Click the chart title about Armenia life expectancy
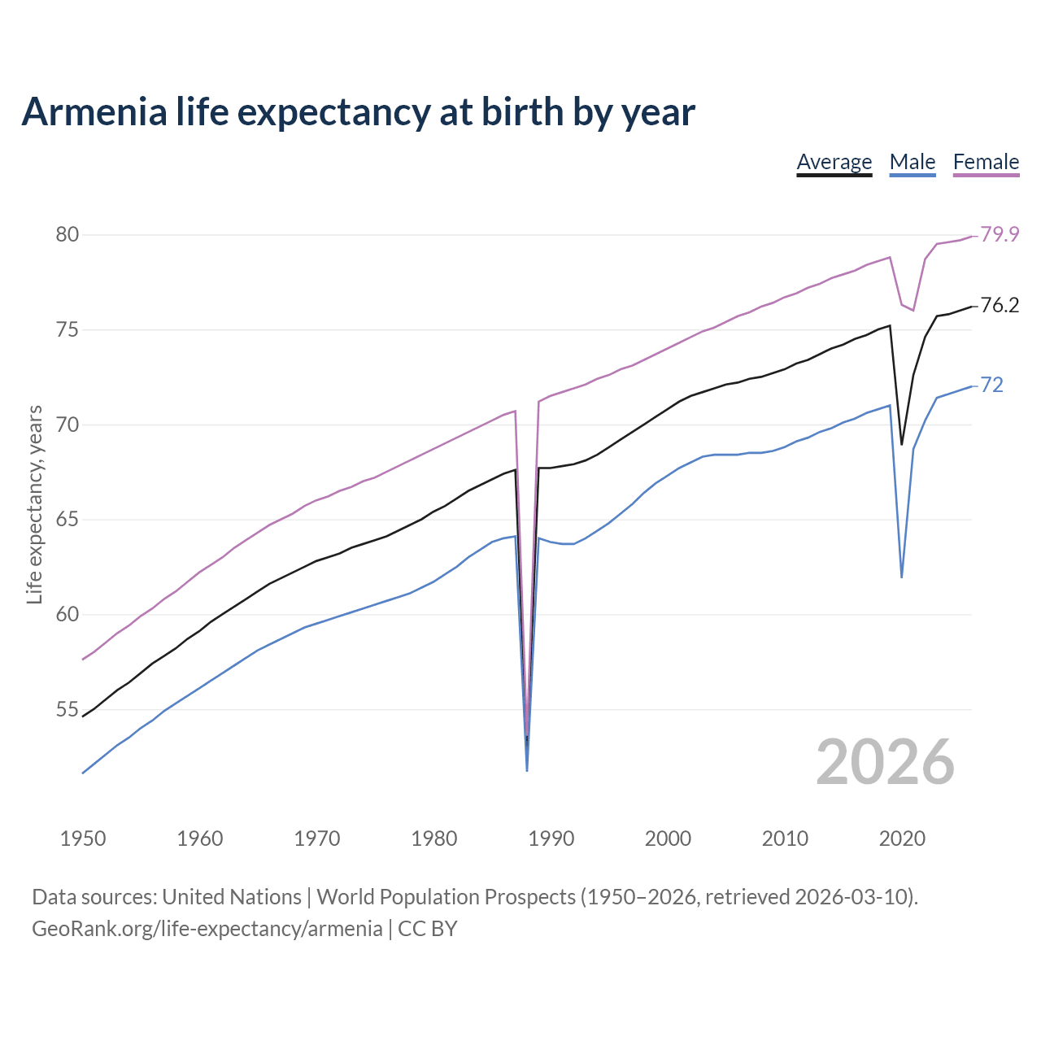pyautogui.click(x=358, y=111)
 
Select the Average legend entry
pyautogui.click(x=834, y=162)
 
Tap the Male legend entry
pyautogui.click(x=912, y=162)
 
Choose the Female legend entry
pyautogui.click(x=986, y=162)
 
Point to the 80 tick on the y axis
pyautogui.click(x=67, y=235)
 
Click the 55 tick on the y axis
pyautogui.click(x=67, y=710)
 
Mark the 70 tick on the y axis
pyautogui.click(x=67, y=425)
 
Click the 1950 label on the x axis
pyautogui.click(x=83, y=838)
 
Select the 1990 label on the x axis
pyautogui.click(x=551, y=838)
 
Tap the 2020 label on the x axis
pyautogui.click(x=902, y=838)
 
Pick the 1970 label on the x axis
pyautogui.click(x=317, y=838)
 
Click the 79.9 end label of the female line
pyautogui.click(x=1000, y=235)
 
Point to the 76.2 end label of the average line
pyautogui.click(x=1000, y=306)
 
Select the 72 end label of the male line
pyautogui.click(x=991, y=385)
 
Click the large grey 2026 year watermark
pyautogui.click(x=885, y=762)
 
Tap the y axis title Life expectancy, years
pyautogui.click(x=35, y=504)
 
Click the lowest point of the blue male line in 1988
pyautogui.click(x=527, y=769)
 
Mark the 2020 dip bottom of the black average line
pyautogui.click(x=901, y=444)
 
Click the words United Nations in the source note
pyautogui.click(x=232, y=897)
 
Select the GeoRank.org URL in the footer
pyautogui.click(x=207, y=929)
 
